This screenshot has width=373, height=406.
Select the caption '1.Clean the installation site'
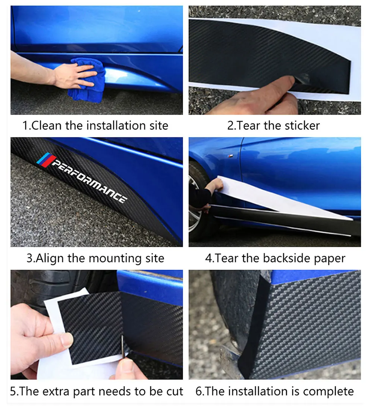[95, 125]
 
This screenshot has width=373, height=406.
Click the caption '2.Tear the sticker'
[273, 125]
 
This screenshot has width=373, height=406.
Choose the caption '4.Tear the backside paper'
[275, 258]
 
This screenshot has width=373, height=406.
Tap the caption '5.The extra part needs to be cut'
[97, 391]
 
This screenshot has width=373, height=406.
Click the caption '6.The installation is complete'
[275, 391]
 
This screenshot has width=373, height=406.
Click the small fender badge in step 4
[232, 155]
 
